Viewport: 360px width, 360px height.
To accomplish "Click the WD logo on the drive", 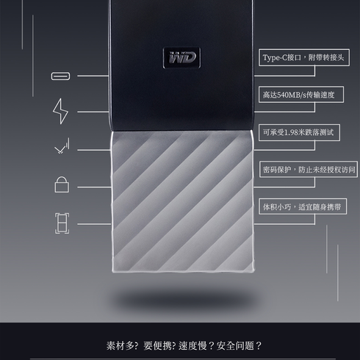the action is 181,58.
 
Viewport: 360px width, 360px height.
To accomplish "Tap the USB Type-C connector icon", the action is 60,76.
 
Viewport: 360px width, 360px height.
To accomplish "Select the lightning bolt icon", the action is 60,111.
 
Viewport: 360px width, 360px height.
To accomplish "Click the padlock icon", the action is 62,184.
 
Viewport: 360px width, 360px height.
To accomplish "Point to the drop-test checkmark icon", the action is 62,146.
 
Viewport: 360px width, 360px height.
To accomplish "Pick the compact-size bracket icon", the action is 62,223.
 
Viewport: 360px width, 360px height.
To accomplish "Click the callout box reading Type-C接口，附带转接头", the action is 304,57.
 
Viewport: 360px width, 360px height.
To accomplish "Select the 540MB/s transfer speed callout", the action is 301,95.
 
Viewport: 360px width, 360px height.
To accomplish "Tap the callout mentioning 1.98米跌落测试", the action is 299,132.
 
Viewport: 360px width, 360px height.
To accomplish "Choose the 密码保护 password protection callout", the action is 309,169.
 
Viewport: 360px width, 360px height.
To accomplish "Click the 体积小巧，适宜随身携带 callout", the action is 303,206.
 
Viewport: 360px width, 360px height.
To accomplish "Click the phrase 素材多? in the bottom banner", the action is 122,346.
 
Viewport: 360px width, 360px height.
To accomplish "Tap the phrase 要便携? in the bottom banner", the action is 159,346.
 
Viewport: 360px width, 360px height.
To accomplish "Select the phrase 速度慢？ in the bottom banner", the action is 196,346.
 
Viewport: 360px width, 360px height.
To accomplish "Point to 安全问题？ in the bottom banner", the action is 240,346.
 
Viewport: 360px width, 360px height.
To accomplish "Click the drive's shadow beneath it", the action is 182,298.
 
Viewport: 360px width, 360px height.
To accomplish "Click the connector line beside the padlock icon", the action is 94,187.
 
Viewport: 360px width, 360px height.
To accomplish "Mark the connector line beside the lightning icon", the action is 93,112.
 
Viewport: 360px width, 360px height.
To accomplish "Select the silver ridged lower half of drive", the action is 182,201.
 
